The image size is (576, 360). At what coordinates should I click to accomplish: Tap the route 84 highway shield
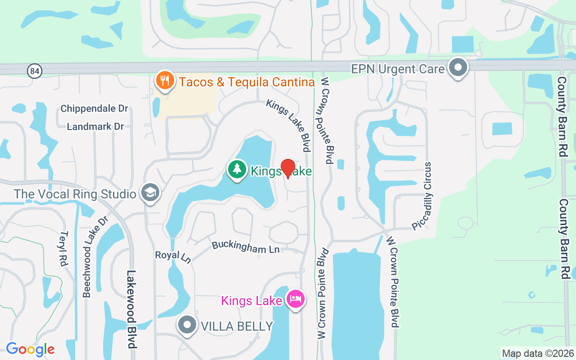pyautogui.click(x=34, y=71)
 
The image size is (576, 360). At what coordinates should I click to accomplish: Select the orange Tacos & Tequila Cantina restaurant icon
pyautogui.click(x=165, y=81)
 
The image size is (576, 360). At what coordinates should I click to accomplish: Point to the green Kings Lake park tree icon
pyautogui.click(x=237, y=170)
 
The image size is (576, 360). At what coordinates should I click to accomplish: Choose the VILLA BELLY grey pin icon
pyautogui.click(x=187, y=325)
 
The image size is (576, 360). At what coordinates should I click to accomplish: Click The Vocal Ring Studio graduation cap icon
pyautogui.click(x=149, y=193)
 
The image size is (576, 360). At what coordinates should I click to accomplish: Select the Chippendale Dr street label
pyautogui.click(x=94, y=109)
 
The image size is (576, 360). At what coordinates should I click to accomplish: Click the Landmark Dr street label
pyautogui.click(x=95, y=127)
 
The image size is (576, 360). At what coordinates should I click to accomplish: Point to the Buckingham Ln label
pyautogui.click(x=246, y=247)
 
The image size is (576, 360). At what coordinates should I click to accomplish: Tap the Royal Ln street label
pyautogui.click(x=173, y=256)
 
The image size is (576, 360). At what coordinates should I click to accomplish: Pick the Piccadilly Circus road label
pyautogui.click(x=423, y=196)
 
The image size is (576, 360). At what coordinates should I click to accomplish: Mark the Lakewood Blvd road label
pyautogui.click(x=131, y=309)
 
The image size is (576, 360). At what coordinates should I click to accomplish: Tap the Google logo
pyautogui.click(x=30, y=349)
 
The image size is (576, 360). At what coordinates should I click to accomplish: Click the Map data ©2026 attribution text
pyautogui.click(x=538, y=354)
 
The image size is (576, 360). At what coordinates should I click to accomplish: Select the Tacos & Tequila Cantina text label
pyautogui.click(x=247, y=82)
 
